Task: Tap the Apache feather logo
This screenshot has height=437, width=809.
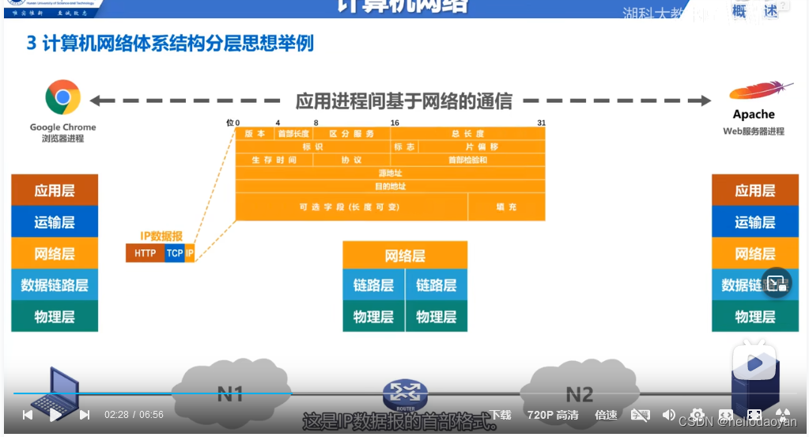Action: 761,93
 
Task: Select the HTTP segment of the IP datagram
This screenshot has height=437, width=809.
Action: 145,253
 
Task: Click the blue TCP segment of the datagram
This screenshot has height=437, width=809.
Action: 174,253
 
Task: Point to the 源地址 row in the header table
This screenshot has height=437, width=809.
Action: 391,173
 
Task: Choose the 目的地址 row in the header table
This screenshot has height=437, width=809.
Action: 391,186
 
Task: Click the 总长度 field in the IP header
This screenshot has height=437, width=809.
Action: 467,134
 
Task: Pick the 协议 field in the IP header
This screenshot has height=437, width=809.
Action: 352,160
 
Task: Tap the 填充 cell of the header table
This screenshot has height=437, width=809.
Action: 506,207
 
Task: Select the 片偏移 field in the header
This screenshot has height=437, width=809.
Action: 482,147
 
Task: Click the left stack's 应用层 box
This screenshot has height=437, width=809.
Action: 55,191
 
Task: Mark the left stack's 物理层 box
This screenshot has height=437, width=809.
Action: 55,317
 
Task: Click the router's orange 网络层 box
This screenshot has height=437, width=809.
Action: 405,256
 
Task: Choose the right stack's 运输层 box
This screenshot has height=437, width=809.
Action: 754,222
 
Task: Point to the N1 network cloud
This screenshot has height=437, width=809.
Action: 230,392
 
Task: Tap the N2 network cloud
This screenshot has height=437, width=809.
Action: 579,393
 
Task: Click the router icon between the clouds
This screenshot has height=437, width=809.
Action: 405,393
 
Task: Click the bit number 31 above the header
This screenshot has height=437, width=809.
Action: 541,123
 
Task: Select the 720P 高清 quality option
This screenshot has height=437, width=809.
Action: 553,415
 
